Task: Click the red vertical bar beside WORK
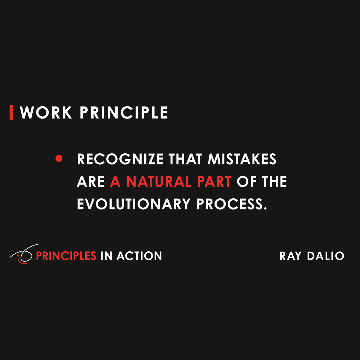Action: click(x=11, y=112)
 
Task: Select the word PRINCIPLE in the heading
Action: click(x=124, y=112)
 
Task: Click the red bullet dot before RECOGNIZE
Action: click(x=59, y=158)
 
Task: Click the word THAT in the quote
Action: click(x=185, y=159)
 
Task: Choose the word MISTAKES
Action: click(x=242, y=159)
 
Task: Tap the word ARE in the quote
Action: click(x=91, y=181)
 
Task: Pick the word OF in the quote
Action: click(x=245, y=181)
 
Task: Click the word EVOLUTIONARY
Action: click(x=133, y=204)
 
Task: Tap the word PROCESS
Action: click(x=231, y=204)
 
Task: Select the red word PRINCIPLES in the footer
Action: click(x=66, y=256)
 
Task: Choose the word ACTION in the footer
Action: click(x=139, y=256)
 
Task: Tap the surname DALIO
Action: click(x=325, y=256)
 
